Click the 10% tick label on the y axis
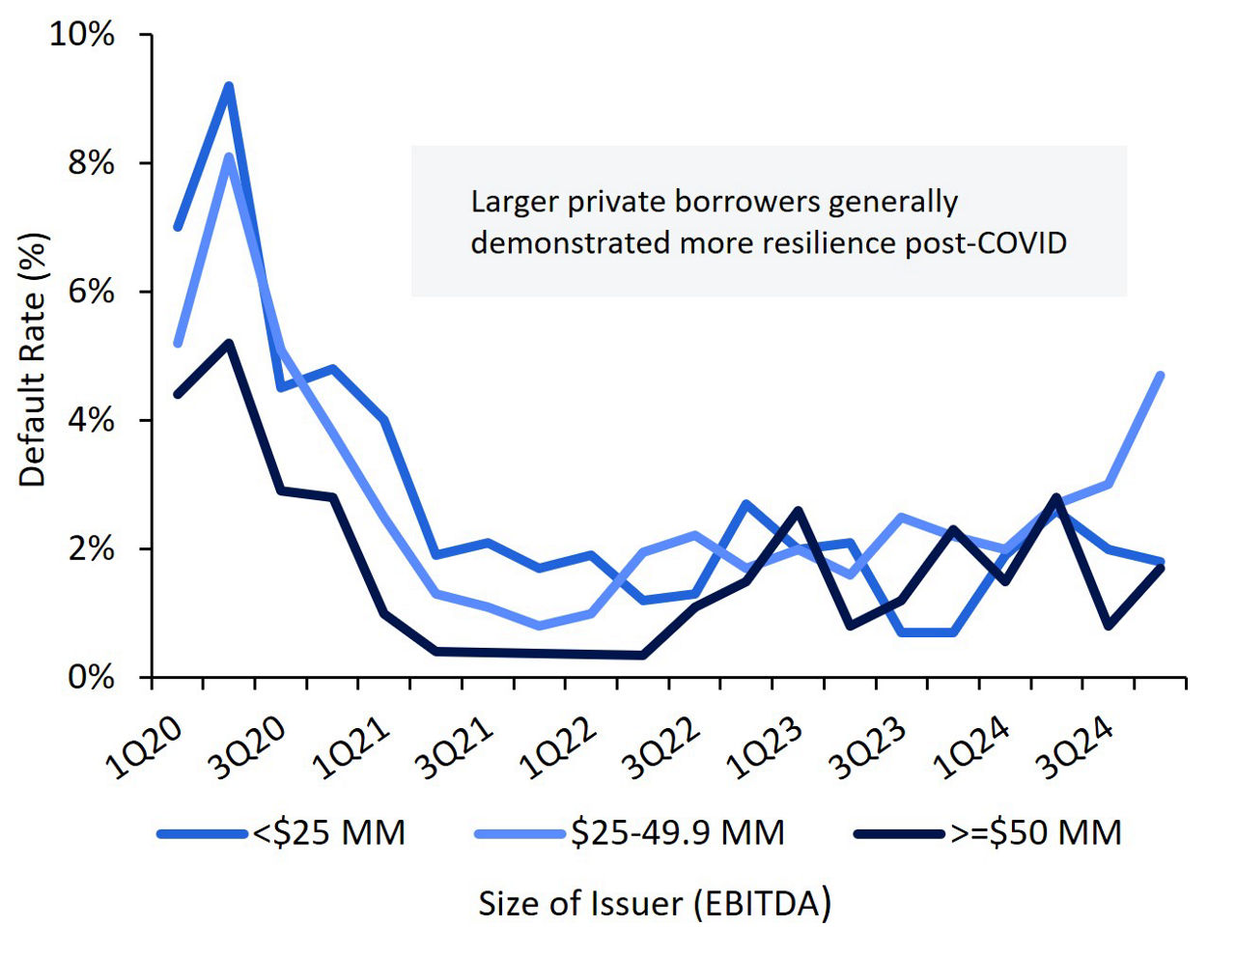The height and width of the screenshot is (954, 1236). [81, 35]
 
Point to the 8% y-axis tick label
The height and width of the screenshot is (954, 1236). [91, 163]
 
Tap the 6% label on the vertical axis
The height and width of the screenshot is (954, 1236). [91, 292]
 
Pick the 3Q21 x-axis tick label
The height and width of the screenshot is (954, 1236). [460, 748]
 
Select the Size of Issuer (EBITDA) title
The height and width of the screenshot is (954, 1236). [655, 904]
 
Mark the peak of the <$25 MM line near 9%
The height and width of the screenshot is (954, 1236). [229, 86]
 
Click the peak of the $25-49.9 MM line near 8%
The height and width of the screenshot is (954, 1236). [229, 156]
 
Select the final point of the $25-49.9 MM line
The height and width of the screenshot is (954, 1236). [1160, 375]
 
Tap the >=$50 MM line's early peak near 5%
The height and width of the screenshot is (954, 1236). [229, 343]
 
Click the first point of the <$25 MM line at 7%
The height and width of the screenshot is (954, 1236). [178, 227]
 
